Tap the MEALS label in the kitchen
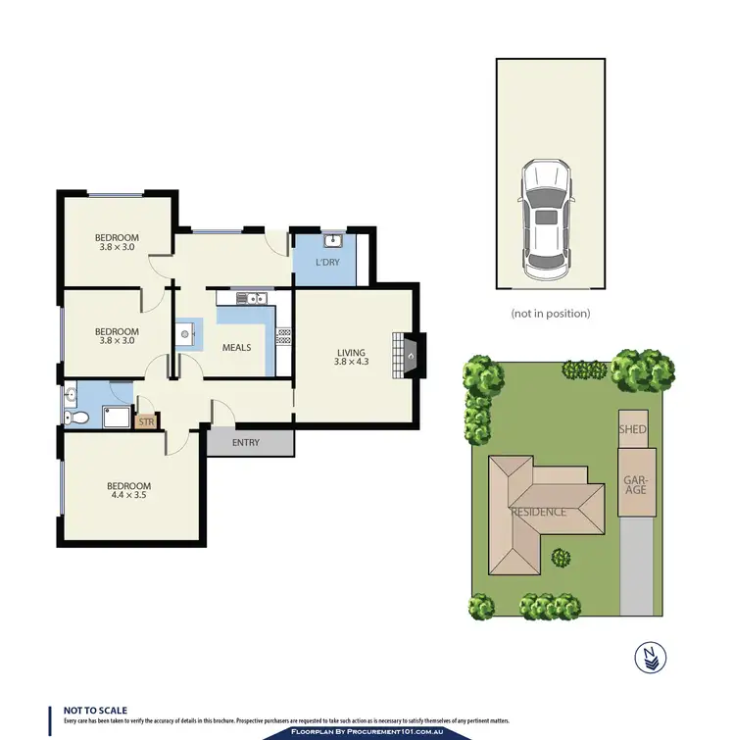(236, 347)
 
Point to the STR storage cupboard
(147, 421)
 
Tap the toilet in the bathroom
(76, 419)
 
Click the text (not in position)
(550, 314)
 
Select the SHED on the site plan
(632, 428)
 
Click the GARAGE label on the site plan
(636, 482)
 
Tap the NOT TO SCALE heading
(95, 710)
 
